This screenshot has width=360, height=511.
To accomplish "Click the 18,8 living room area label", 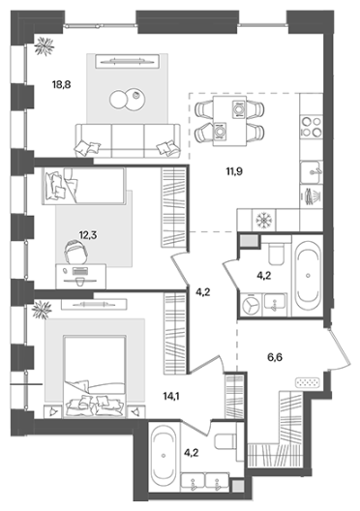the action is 62,85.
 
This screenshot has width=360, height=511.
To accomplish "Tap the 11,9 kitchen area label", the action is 234,171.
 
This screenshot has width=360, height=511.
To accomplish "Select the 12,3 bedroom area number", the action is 88,234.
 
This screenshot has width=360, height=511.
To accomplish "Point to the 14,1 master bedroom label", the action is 171,396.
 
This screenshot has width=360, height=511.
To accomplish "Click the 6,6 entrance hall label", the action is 275,358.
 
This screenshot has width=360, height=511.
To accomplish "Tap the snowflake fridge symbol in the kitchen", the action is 264,221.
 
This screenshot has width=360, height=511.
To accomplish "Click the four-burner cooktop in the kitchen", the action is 312,127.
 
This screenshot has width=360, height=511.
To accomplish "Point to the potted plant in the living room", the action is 44,45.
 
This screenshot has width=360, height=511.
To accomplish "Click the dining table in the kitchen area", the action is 229,121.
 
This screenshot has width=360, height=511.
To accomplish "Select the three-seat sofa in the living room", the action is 128,140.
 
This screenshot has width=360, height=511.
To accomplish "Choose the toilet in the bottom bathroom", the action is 225,441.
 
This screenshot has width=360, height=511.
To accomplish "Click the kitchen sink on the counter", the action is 312,172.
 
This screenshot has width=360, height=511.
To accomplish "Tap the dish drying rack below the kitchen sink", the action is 313,196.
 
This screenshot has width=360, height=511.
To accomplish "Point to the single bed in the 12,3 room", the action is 84,186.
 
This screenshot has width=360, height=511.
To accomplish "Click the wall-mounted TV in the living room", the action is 128,61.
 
